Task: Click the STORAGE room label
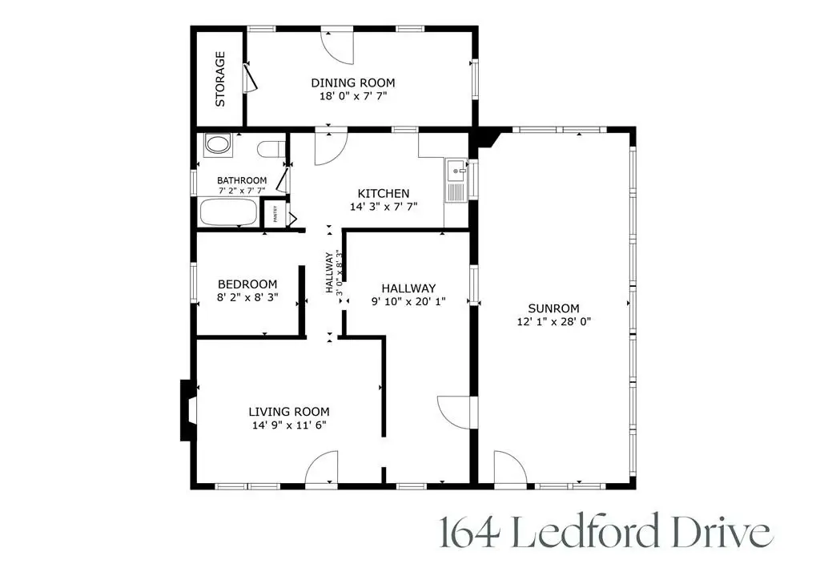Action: [x=220, y=79]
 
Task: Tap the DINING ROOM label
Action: [x=353, y=83]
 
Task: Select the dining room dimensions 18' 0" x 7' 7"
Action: [x=353, y=95]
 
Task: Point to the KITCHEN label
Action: [x=384, y=193]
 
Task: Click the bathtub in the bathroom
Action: [x=228, y=214]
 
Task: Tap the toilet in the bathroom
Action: [x=271, y=148]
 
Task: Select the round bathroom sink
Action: [x=217, y=145]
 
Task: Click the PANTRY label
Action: [x=275, y=214]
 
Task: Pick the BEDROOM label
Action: [x=247, y=284]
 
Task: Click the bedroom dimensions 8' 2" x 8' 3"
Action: [x=247, y=297]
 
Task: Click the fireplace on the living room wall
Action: [x=187, y=409]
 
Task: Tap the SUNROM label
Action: [x=553, y=308]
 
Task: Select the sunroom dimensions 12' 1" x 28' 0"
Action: [x=553, y=321]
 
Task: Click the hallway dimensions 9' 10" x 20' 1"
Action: [x=408, y=301]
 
